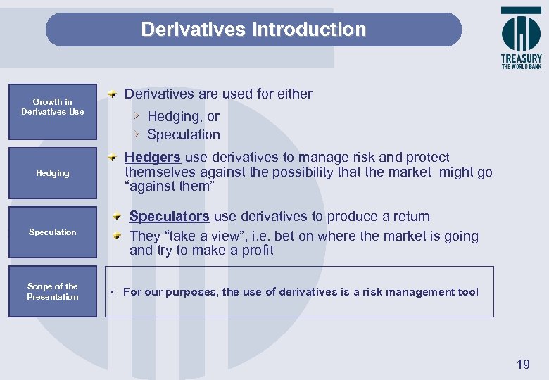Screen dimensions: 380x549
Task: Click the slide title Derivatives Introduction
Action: (x=253, y=30)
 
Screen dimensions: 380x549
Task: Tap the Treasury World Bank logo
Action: (x=521, y=38)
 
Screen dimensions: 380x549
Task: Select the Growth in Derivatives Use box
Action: (x=52, y=107)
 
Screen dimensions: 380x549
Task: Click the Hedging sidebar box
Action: (x=53, y=173)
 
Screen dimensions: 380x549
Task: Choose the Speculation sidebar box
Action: (x=53, y=232)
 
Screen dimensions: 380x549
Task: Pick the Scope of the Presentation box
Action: (x=53, y=291)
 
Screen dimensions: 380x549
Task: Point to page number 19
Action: (x=523, y=364)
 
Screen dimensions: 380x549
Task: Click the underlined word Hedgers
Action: (x=152, y=158)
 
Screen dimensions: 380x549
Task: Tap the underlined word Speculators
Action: (x=169, y=217)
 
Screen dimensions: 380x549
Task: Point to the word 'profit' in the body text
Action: (x=258, y=251)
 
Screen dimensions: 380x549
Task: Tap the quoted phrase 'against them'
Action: (x=168, y=186)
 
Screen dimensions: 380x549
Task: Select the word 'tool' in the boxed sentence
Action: (x=467, y=292)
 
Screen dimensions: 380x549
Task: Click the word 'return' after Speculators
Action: (x=409, y=217)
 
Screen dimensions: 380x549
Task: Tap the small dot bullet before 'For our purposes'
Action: (x=112, y=293)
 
